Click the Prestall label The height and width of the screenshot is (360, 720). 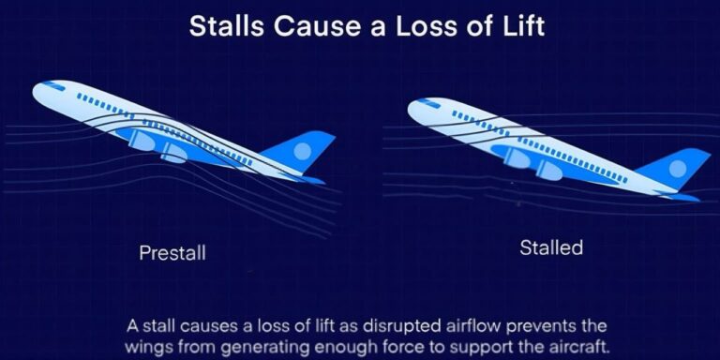tap(172, 252)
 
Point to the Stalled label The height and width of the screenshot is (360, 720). tap(551, 247)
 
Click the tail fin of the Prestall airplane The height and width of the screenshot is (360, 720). tap(299, 151)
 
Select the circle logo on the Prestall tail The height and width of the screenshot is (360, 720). tap(302, 151)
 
